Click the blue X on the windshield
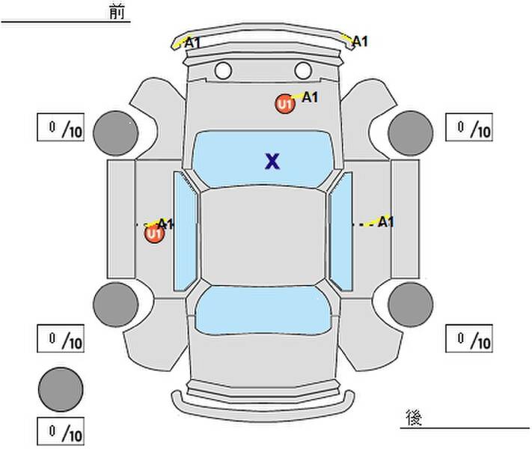point(272,161)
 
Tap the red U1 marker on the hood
point(285,104)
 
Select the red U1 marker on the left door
point(154,233)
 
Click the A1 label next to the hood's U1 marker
point(310,97)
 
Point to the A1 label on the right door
point(386,222)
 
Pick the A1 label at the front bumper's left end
point(193,43)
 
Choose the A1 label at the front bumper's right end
point(360,41)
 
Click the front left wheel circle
point(116,133)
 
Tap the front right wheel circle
point(411,133)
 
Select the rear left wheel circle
point(116,305)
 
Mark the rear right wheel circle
point(411,305)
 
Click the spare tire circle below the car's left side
point(61,389)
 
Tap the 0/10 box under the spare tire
point(61,431)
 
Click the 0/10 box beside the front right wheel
point(469,127)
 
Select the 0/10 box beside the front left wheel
point(61,127)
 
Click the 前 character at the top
point(117,12)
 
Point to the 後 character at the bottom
point(414,418)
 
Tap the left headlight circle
point(223,70)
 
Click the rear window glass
point(263,311)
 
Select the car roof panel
point(263,236)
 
